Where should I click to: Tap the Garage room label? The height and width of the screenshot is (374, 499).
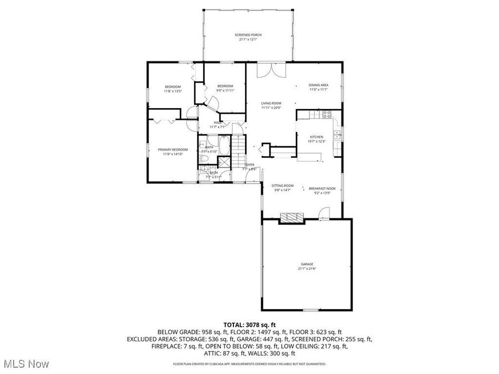tap(307, 264)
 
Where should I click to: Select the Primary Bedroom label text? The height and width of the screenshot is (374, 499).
tap(172, 150)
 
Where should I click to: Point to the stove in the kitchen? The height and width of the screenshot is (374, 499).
tap(327, 115)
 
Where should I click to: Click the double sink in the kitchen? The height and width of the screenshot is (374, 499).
tap(337, 134)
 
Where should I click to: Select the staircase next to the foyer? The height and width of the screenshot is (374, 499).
tap(238, 148)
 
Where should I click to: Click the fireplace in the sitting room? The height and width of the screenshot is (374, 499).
tap(292, 218)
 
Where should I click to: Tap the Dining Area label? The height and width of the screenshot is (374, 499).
tap(318, 85)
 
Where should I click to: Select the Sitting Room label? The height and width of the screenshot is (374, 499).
tap(282, 186)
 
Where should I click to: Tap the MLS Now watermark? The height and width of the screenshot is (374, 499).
tap(26, 363)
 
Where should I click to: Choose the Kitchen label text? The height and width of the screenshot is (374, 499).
tap(316, 137)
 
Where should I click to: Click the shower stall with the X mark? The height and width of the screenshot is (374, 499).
tap(224, 162)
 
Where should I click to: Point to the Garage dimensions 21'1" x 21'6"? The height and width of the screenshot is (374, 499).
tap(307, 269)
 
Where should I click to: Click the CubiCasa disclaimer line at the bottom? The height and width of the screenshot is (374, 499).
tap(249, 364)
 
